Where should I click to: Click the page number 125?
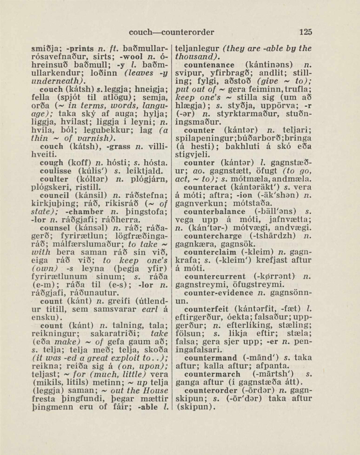click(306, 32)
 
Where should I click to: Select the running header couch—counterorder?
click(172, 32)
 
